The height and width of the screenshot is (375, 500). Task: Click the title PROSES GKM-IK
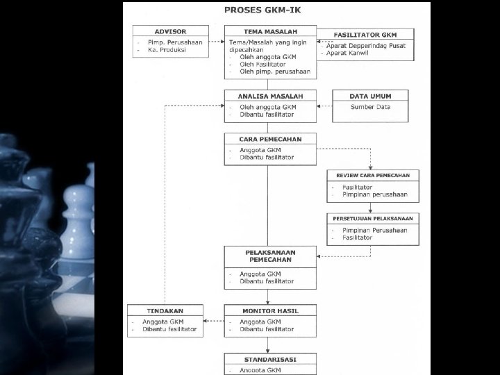267,11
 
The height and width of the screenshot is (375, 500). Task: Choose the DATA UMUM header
369,96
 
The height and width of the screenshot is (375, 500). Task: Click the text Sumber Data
370,107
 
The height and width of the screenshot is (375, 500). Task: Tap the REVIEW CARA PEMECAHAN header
373,175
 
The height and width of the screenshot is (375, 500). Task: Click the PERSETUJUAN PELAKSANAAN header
373,219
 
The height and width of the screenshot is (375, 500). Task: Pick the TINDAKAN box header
165,310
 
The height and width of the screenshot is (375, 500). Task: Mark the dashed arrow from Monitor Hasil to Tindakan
213,322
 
